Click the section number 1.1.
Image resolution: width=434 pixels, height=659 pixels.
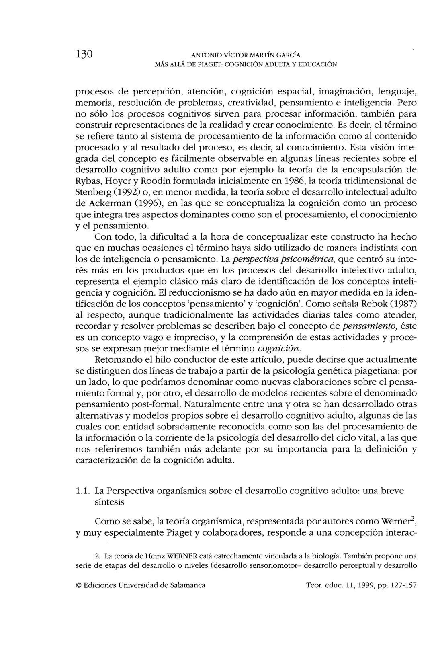tap(82, 491)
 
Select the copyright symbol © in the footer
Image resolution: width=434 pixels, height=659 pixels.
tap(78, 586)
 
